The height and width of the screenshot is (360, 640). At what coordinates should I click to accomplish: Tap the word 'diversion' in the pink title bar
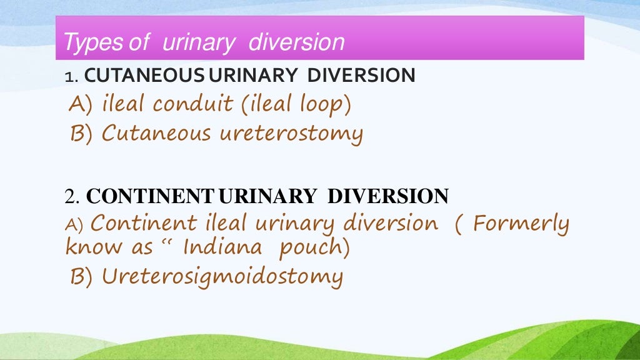(x=296, y=42)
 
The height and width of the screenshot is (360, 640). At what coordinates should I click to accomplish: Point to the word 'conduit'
(x=194, y=104)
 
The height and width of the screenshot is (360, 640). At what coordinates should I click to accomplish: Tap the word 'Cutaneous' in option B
(x=156, y=132)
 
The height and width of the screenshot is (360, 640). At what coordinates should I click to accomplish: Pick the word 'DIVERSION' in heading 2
(x=388, y=196)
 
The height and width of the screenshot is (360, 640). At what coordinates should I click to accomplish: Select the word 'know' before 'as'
(x=94, y=247)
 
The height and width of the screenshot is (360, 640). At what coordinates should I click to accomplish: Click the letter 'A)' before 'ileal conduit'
(x=79, y=104)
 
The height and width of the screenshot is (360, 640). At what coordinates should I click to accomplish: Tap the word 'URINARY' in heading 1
(x=253, y=76)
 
